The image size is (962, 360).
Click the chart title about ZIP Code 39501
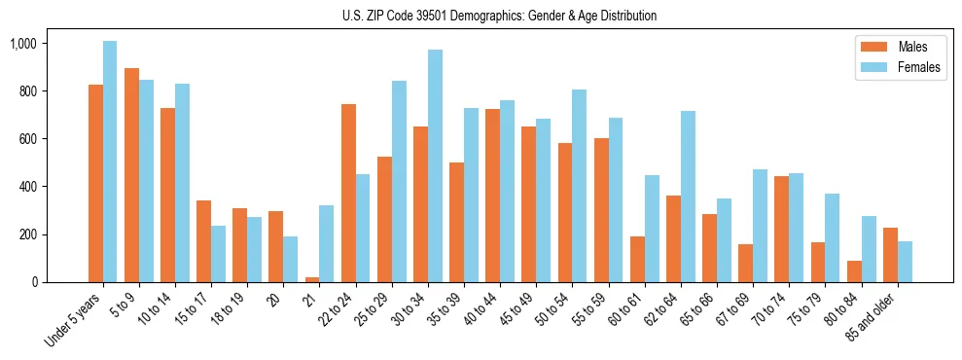[499, 16]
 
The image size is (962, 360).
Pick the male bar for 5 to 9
[131, 175]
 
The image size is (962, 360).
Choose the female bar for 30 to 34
[435, 165]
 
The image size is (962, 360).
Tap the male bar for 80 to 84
[854, 271]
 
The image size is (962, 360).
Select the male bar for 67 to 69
[745, 263]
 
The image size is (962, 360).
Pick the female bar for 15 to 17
[218, 254]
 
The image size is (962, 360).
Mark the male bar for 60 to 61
[637, 259]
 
